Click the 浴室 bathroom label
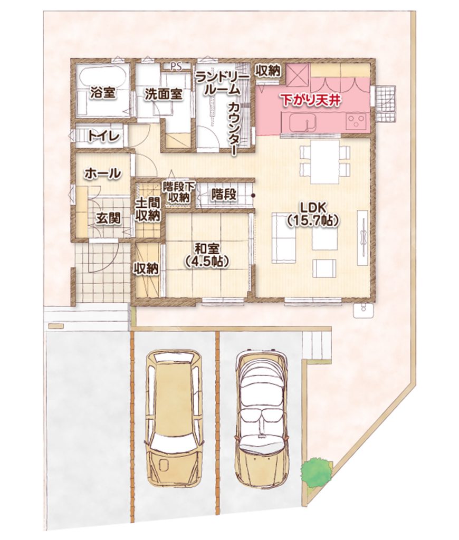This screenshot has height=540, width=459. click(103, 93)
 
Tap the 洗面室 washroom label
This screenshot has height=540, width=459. click(163, 94)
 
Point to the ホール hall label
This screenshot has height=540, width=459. click(103, 173)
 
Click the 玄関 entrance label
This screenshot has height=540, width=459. click(109, 218)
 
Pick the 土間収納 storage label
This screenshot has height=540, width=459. click(148, 209)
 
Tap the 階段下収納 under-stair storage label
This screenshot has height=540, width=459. click(179, 192)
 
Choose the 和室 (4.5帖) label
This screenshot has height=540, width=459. click(206, 255)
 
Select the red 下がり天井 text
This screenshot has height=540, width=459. click(311, 100)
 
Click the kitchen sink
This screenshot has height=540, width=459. click(302, 122)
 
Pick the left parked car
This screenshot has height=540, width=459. click(174, 418)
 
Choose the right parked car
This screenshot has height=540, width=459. click(262, 420)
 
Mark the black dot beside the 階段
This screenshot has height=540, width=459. click(253, 196)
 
